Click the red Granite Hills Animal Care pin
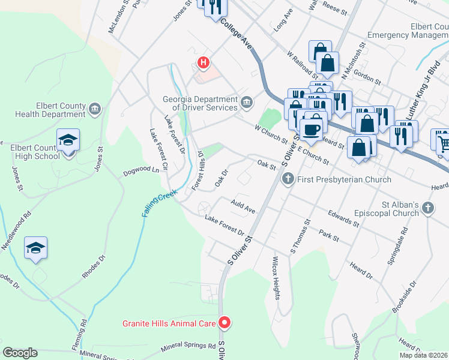224,323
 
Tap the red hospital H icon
204,62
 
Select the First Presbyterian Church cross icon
288,179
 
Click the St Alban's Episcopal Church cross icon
427,208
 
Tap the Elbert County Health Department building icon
94,109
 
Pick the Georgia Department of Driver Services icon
246,103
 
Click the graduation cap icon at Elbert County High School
68,142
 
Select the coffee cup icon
311,128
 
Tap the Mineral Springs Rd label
188,347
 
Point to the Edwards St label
343,218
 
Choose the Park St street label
329,234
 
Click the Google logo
20,353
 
